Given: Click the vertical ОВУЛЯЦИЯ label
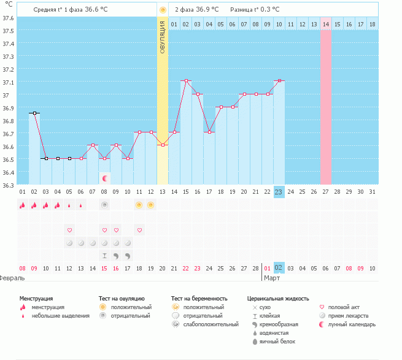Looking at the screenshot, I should [162, 37].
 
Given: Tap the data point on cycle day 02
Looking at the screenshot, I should [34, 113].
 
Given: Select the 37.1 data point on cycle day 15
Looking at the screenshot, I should [186, 81].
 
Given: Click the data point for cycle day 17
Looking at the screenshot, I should [209, 132].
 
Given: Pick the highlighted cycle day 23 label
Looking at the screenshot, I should [279, 192].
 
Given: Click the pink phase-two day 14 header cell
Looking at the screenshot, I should [325, 24].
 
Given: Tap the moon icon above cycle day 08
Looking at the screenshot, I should [105, 178].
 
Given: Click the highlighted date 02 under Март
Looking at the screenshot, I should [279, 268].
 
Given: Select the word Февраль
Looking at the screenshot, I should [12, 278].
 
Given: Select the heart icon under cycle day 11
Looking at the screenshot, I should [140, 230].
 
